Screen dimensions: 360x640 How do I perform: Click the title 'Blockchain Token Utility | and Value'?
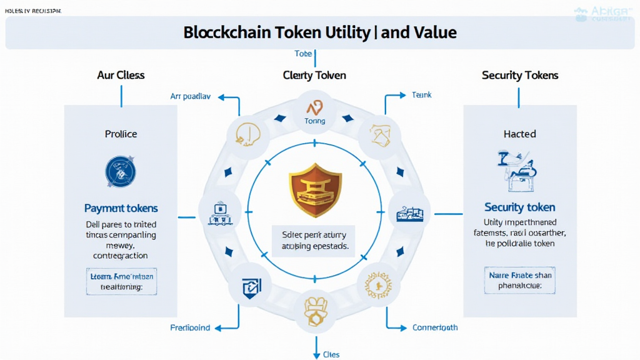tap(320, 32)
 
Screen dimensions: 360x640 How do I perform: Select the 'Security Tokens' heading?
tap(520, 75)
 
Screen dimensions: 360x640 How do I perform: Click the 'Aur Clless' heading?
tap(121, 75)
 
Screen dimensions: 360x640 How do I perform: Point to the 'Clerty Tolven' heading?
tap(314, 75)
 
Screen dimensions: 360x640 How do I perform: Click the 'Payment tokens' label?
tap(121, 208)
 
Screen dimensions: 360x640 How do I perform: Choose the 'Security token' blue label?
tap(519, 207)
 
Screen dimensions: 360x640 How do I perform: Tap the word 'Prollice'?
tap(121, 134)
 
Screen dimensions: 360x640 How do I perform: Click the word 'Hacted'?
tap(519, 134)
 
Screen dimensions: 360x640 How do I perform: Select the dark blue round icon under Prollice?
tap(121, 171)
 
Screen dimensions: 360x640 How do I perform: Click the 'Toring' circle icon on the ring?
tap(314, 112)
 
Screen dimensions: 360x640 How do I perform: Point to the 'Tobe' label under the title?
tap(303, 54)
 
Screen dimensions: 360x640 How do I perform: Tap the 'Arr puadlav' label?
tap(191, 96)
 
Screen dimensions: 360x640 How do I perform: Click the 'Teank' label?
tap(422, 95)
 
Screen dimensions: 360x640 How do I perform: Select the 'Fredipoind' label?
tap(190, 327)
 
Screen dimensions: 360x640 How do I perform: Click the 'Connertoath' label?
tap(435, 327)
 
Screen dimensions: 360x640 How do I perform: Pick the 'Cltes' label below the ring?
tap(331, 354)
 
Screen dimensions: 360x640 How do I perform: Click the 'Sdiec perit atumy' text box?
tap(314, 241)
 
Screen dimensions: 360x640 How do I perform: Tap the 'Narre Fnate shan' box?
tap(519, 280)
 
